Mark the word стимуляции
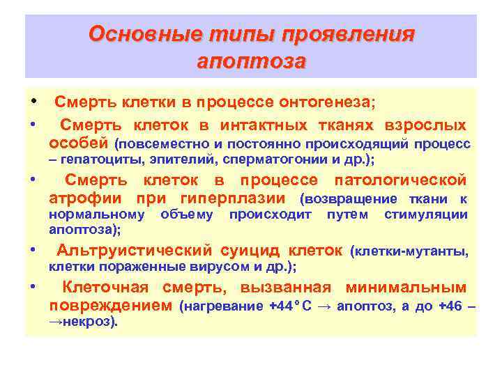click(425, 214)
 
